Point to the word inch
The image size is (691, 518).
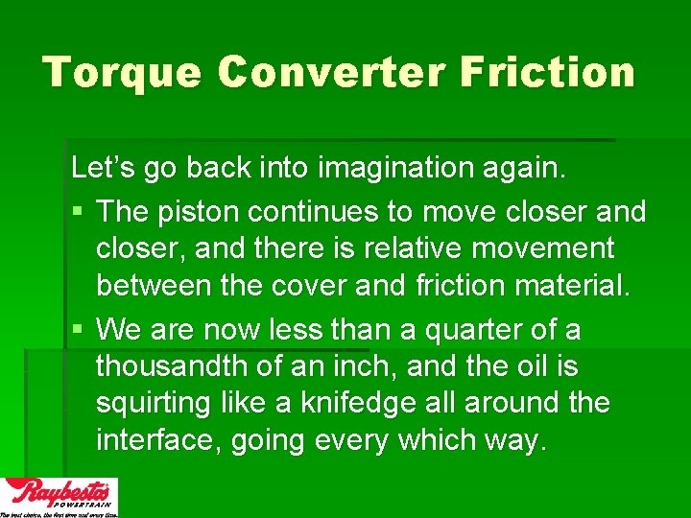pyautogui.click(x=359, y=366)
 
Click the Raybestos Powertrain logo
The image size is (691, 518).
pyautogui.click(x=60, y=496)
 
